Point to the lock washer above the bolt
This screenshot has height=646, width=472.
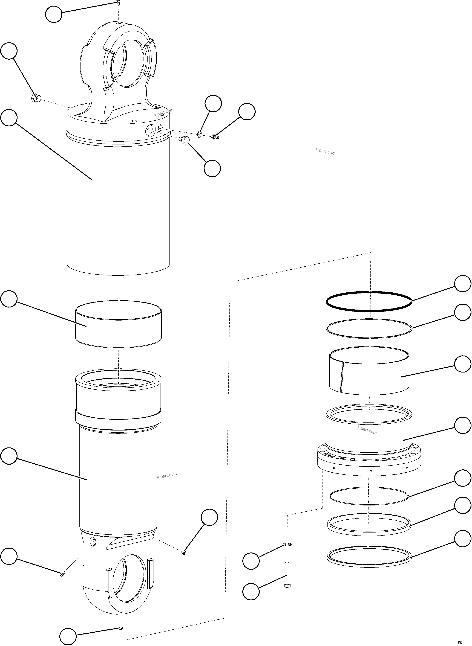click(x=287, y=544)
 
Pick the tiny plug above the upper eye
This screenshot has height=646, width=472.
click(x=118, y=3)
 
